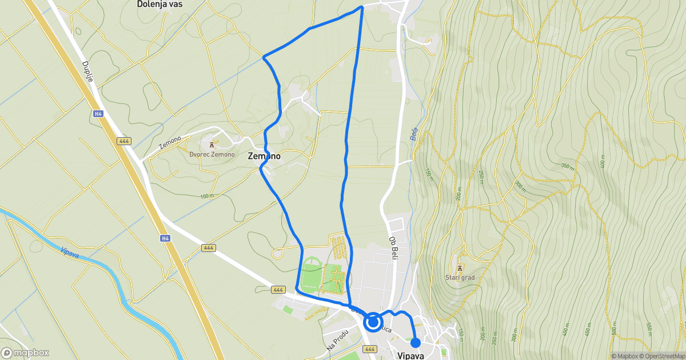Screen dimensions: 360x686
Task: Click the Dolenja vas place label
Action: pyautogui.click(x=163, y=4)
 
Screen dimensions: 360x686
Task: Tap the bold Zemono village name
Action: pyautogui.click(x=264, y=155)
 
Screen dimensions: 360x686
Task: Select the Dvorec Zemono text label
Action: pyautogui.click(x=212, y=154)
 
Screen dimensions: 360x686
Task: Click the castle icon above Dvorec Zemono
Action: pyautogui.click(x=212, y=145)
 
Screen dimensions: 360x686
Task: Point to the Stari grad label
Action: pyautogui.click(x=460, y=278)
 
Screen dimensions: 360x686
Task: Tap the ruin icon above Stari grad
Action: pyautogui.click(x=460, y=267)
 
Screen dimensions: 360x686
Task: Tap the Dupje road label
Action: pyautogui.click(x=87, y=72)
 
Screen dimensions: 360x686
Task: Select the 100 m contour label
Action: pyautogui.click(x=207, y=196)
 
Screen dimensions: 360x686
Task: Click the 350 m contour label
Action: pyautogui.click(x=567, y=166)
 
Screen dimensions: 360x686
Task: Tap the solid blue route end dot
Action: pyautogui.click(x=416, y=343)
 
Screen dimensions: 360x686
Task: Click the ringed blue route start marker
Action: pyautogui.click(x=373, y=322)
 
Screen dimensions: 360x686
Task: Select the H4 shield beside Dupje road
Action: pyautogui.click(x=99, y=114)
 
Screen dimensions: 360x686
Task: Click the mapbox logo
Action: pyautogui.click(x=25, y=353)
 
